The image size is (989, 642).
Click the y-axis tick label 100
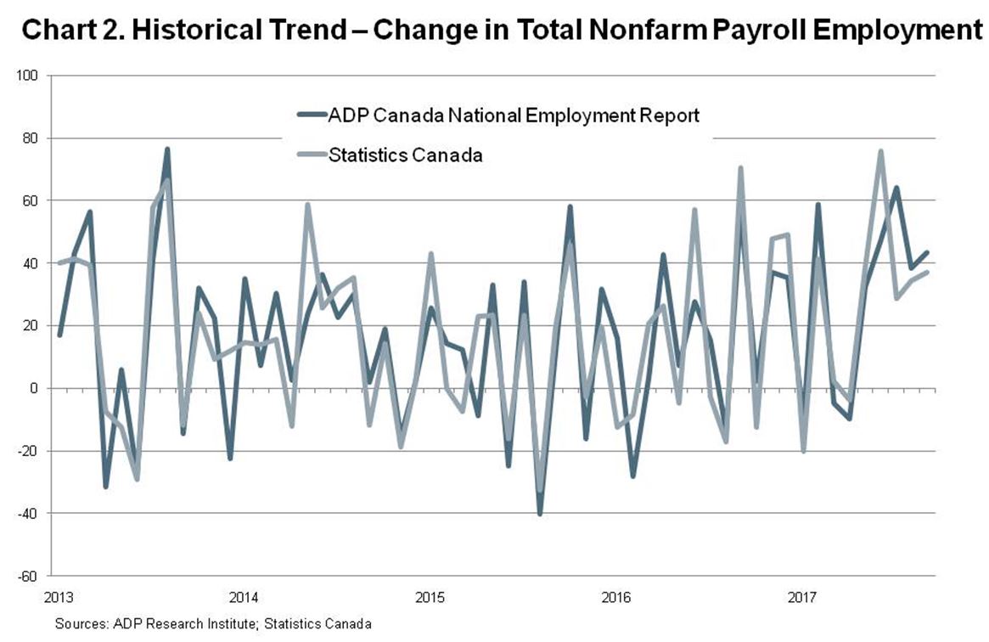[x=30, y=76]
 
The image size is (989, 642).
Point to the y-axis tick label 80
[x=32, y=138]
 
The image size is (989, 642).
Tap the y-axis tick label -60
[x=31, y=576]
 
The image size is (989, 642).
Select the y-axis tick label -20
[x=31, y=451]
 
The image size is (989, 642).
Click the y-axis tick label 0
[x=37, y=388]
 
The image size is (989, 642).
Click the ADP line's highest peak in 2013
[x=167, y=149]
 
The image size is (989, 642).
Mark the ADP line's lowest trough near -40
[x=540, y=513]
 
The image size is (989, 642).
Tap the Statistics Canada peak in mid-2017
[x=880, y=152]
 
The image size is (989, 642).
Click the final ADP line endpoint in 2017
[x=927, y=252]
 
